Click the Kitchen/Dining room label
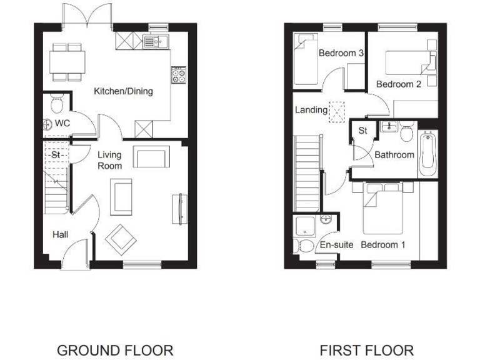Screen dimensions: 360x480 click(x=123, y=92)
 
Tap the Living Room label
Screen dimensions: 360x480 click(x=109, y=160)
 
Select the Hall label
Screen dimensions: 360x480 click(x=61, y=234)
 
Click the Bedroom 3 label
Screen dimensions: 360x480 click(x=341, y=53)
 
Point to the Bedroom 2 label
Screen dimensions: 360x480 click(x=398, y=84)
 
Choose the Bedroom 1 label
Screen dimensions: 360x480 click(x=383, y=245)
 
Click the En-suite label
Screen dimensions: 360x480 click(x=337, y=245)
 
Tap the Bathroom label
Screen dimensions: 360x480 click(x=394, y=154)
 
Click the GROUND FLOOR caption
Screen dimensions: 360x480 click(x=115, y=349)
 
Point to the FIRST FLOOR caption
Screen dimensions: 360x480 click(x=366, y=349)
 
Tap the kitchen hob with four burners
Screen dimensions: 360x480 click(x=179, y=75)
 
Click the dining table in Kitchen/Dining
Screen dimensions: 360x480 click(x=68, y=61)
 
